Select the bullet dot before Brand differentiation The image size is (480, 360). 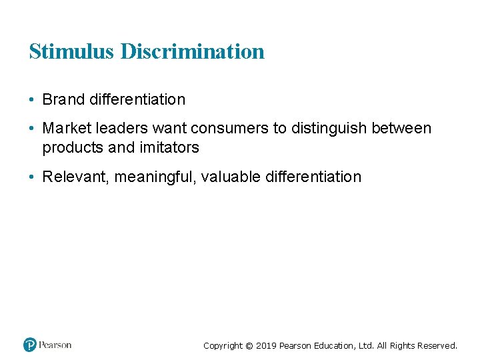(31, 100)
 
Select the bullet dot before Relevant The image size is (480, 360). (31, 177)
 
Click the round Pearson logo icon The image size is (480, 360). (29, 345)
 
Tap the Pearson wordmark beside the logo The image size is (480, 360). (55, 345)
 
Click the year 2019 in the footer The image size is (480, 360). (266, 346)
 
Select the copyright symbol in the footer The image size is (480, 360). (249, 346)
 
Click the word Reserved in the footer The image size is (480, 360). (437, 346)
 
